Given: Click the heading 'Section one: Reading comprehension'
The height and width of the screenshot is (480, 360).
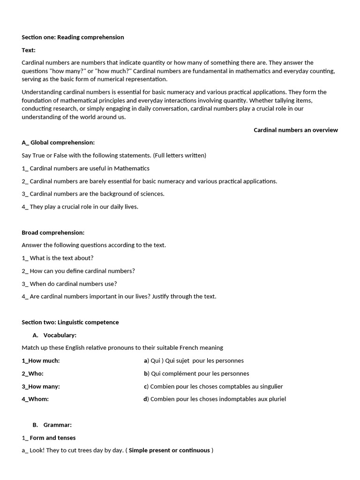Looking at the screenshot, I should [x=73, y=37].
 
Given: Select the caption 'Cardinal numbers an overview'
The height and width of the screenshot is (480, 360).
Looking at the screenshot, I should [x=295, y=130].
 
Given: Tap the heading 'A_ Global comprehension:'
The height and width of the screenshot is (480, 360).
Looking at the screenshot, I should [x=58, y=142].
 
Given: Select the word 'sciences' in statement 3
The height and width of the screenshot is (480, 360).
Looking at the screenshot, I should [x=152, y=194].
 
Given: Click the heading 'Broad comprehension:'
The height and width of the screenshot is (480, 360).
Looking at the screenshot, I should [x=53, y=232].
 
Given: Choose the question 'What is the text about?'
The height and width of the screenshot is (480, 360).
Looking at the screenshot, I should [x=61, y=258].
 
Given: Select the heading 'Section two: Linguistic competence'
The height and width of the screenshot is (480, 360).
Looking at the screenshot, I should [x=70, y=322].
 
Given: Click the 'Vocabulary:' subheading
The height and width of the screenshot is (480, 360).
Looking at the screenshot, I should [x=60, y=335].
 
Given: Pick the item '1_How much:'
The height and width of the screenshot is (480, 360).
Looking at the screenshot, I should [x=41, y=360].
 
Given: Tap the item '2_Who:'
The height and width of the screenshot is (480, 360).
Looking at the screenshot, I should [x=33, y=374].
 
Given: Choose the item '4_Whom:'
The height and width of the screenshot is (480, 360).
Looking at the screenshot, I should [x=35, y=399].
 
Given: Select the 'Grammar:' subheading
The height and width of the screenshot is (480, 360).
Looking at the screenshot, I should [x=57, y=425].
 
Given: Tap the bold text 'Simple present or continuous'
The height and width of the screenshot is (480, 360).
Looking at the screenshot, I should [x=169, y=450].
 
